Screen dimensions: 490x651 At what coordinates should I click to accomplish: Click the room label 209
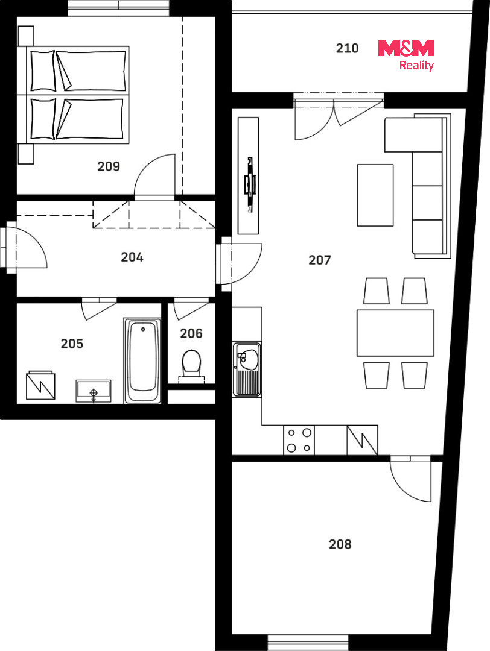109,166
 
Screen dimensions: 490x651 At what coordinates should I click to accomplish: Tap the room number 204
132,257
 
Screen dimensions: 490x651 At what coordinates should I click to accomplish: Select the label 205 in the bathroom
72,344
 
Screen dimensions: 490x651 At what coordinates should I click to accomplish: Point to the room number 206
191,333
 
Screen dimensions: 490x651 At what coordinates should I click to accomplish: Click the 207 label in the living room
320,260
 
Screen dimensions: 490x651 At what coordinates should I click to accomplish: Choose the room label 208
340,544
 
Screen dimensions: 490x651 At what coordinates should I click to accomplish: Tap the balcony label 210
347,48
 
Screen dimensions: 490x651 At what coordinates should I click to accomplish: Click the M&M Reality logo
406,55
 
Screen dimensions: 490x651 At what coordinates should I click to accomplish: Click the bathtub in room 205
142,360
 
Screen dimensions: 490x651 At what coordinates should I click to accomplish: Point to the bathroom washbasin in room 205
94,391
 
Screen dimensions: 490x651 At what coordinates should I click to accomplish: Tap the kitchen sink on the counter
247,369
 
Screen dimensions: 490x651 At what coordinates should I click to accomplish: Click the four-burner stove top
299,440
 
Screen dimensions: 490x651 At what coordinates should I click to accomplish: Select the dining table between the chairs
395,333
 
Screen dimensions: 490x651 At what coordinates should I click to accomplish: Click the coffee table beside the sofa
375,195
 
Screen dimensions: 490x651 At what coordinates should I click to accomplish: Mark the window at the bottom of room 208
308,642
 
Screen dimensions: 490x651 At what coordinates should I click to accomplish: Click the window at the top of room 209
119,8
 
